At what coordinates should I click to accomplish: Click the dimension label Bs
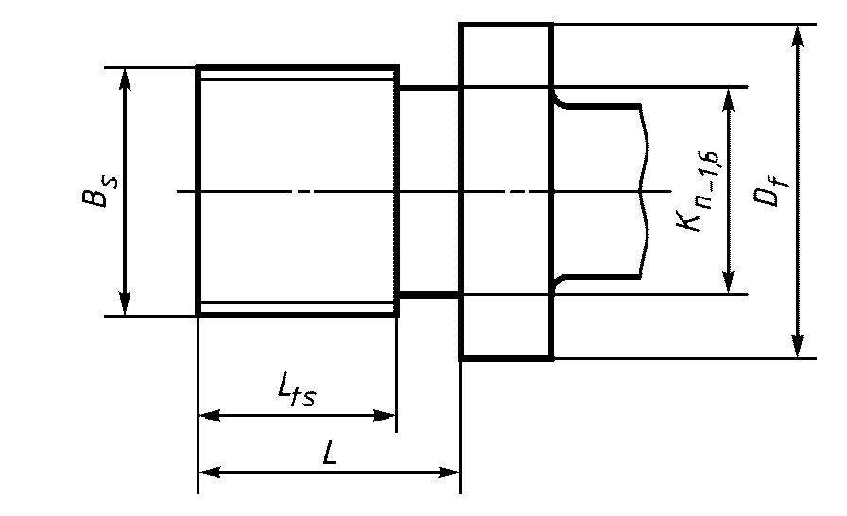[x=99, y=191]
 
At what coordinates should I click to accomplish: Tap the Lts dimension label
[x=297, y=391]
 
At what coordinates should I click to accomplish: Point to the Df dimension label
[x=770, y=188]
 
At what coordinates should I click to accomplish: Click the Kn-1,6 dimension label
[x=699, y=191]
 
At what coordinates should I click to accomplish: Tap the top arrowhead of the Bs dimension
[x=125, y=78]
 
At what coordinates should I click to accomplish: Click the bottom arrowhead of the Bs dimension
[x=125, y=304]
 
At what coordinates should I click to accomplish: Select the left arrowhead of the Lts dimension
[x=210, y=416]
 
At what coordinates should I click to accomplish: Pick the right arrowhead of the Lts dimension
[x=385, y=416]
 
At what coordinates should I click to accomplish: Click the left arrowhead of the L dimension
[x=210, y=473]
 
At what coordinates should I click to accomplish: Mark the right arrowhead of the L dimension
[x=449, y=473]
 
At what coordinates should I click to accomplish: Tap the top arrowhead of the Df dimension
[x=797, y=36]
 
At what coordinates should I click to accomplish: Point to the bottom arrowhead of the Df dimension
[x=797, y=346]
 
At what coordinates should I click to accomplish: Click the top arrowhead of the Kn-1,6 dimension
[x=729, y=98]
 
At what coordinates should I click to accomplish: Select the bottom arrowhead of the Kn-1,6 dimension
[x=729, y=283]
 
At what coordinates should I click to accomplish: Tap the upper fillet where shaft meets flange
[x=559, y=101]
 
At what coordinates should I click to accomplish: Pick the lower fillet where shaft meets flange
[x=559, y=282]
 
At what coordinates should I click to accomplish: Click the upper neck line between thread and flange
[x=429, y=88]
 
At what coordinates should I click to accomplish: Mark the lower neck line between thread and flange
[x=429, y=295]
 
